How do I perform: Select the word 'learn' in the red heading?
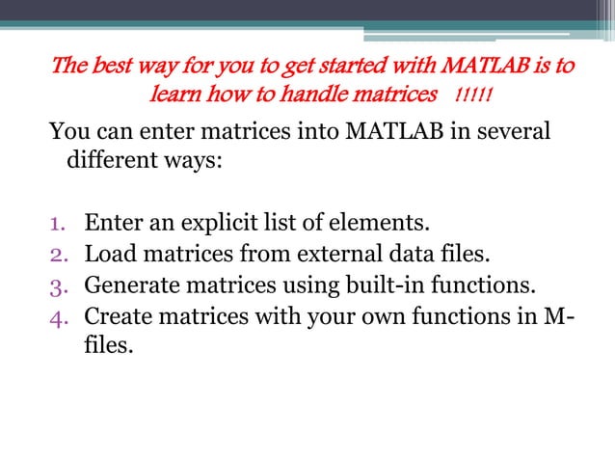(174, 96)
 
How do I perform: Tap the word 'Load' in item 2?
(108, 256)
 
